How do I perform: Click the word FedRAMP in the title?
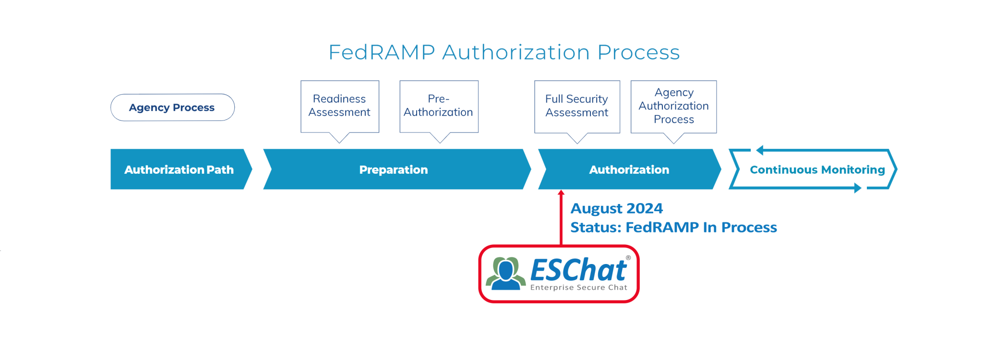(382, 52)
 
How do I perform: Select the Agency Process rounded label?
(172, 108)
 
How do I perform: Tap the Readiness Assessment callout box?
(340, 106)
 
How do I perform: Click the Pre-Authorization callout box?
(439, 106)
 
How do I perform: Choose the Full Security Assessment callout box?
(577, 106)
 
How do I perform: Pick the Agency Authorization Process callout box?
(673, 106)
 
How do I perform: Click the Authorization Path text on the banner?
(179, 170)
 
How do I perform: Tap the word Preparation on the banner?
(394, 170)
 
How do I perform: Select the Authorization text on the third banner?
(629, 170)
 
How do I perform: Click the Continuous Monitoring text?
(817, 170)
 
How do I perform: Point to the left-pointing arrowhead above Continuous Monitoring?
(759, 151)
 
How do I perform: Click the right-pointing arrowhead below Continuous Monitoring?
(858, 189)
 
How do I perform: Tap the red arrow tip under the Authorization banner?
(561, 193)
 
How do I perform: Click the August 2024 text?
(617, 209)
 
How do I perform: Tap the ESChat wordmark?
(578, 270)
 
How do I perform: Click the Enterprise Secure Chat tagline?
(578, 288)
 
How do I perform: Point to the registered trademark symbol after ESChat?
(628, 258)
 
